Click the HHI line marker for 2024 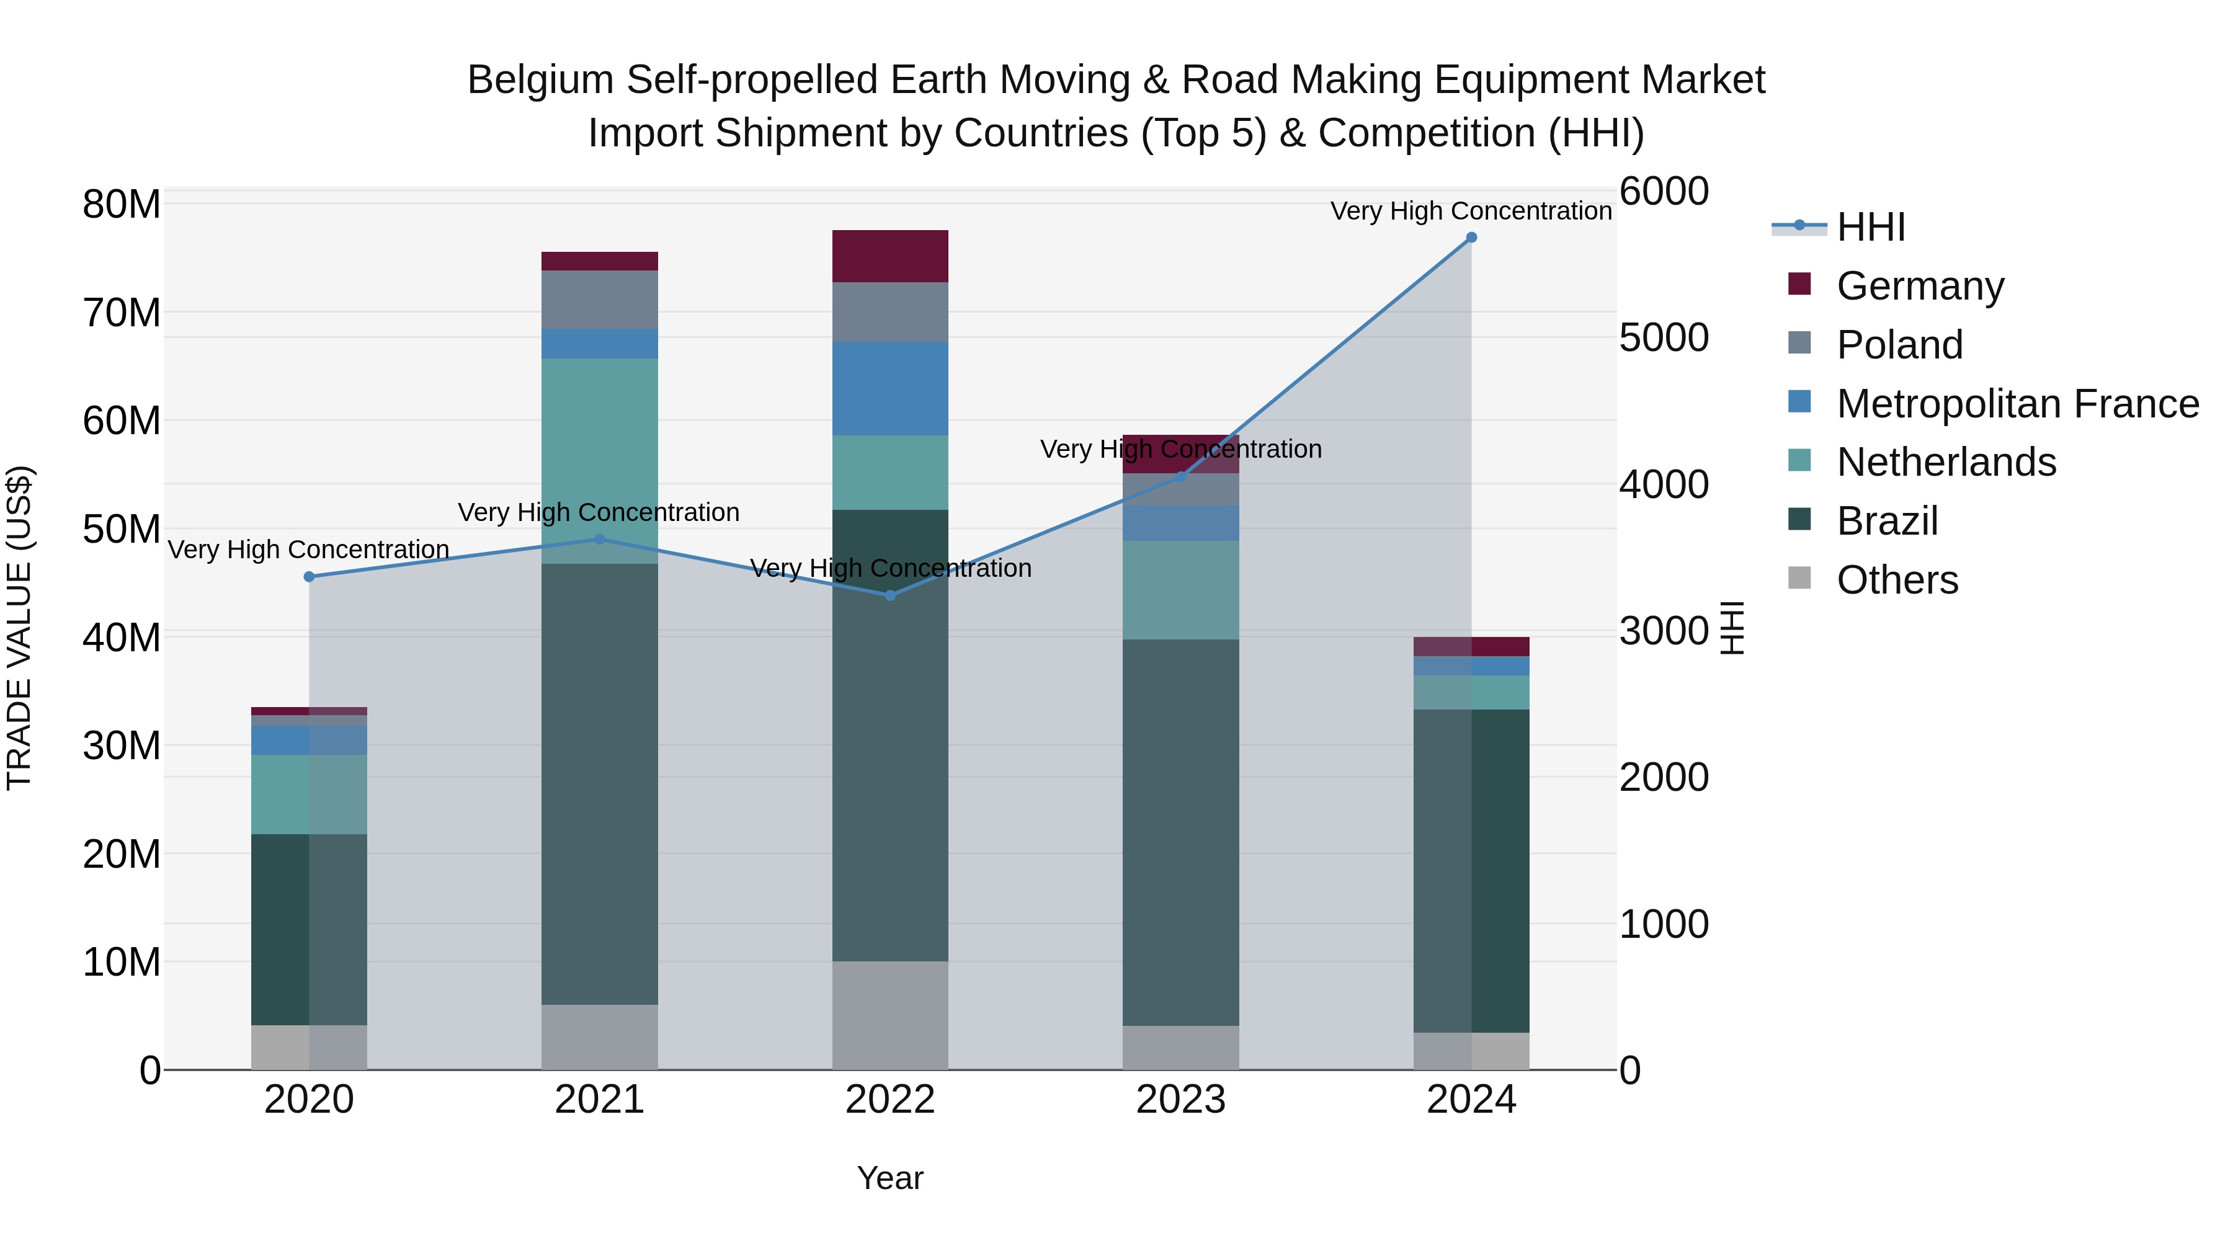click(1471, 238)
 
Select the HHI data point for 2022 click(890, 595)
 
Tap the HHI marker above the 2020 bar click(310, 576)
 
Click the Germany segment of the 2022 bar click(890, 257)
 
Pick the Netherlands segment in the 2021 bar click(600, 460)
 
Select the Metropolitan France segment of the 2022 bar click(890, 388)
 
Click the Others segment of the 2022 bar click(890, 1015)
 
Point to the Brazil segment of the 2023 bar click(1180, 832)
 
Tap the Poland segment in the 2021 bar click(600, 300)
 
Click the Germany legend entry click(1920, 286)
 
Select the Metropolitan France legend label click(2017, 404)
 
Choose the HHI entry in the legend click(1871, 227)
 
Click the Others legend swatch click(1799, 578)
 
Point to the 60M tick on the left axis click(122, 421)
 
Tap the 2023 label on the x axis click(1180, 1100)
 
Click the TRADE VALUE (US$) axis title click(19, 628)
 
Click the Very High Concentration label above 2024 click(1471, 211)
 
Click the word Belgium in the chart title click(541, 80)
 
